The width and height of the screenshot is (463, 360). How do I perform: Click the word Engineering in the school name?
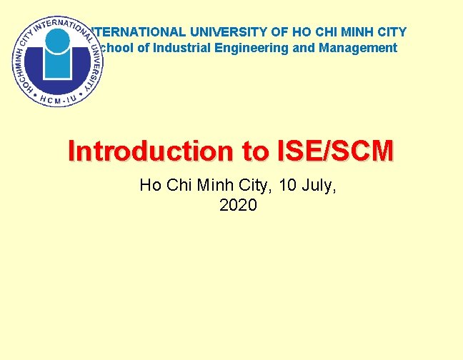tap(252, 48)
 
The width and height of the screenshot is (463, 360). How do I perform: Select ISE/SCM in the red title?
tap(334, 151)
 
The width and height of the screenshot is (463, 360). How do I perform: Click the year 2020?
tap(238, 206)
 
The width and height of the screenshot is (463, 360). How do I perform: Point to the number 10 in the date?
tap(289, 186)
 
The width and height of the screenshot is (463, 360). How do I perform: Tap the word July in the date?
tap(319, 186)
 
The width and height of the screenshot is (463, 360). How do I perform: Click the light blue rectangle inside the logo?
tap(58, 65)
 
